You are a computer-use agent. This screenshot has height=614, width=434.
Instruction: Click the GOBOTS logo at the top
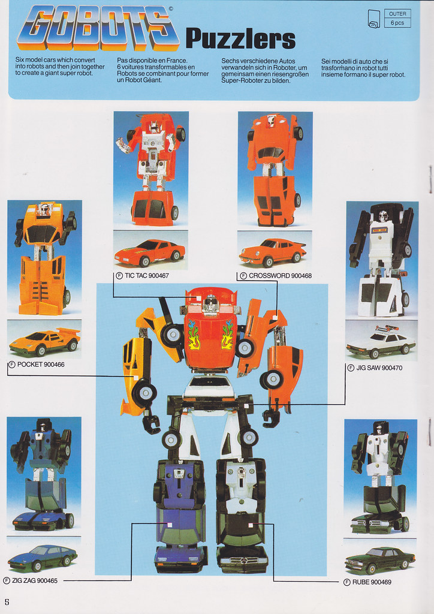coord(98,28)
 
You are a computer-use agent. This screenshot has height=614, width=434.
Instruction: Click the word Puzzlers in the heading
coord(240,39)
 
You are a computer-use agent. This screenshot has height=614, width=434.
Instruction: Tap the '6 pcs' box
coord(397,23)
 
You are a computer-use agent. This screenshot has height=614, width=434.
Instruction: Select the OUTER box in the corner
coord(397,14)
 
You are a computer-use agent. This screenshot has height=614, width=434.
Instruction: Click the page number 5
coord(7,602)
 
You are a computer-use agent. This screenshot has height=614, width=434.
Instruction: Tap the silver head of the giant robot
coord(211,304)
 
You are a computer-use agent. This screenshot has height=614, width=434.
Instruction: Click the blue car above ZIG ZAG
coord(43,557)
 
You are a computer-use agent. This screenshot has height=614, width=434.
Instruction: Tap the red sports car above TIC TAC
coord(150,252)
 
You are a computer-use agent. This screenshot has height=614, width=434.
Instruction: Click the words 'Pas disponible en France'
coord(152,61)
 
